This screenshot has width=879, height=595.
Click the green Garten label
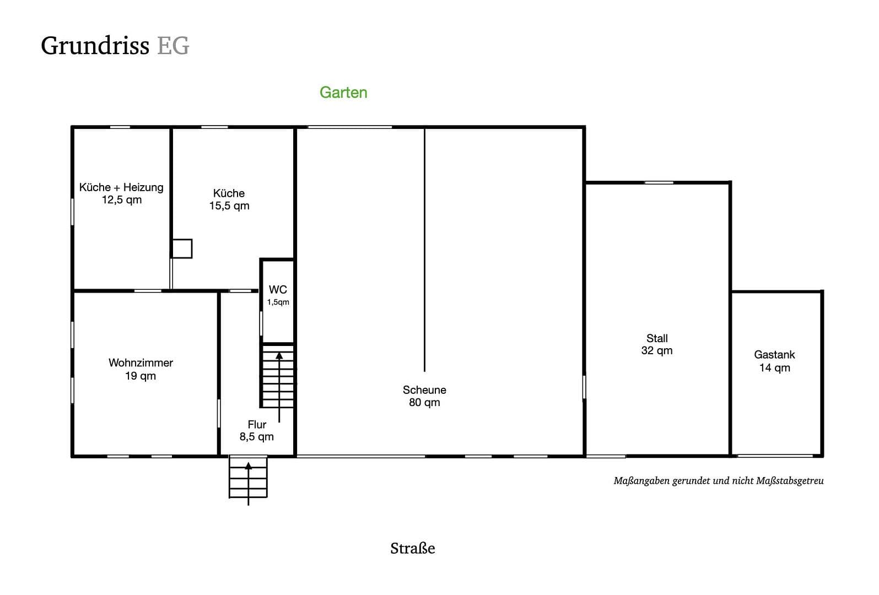coord(343,93)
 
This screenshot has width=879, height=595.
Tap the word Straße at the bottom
coord(412,548)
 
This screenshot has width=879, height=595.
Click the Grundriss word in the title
coord(95,46)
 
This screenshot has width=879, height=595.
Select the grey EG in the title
coord(173,46)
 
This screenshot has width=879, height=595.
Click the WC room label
coord(278,290)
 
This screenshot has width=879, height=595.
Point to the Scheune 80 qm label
coord(424,396)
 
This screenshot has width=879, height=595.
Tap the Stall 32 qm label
coord(657,344)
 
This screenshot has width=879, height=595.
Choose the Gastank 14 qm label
coord(774,361)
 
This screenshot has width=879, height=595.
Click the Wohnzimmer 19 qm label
coord(141,369)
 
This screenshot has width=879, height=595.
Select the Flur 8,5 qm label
coord(257,430)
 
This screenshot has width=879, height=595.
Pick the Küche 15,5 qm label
coord(229,199)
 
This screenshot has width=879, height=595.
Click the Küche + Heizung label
coord(121,187)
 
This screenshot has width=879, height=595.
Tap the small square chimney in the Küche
coord(181,248)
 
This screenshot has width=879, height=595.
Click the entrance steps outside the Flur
coord(248,478)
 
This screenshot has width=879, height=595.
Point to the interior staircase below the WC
coord(278,376)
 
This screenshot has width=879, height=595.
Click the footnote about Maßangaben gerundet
coord(718,481)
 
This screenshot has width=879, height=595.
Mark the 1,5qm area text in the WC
coord(278,302)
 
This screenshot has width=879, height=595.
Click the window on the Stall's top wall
coord(659,182)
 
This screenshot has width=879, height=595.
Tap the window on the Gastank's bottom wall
coord(775,456)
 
